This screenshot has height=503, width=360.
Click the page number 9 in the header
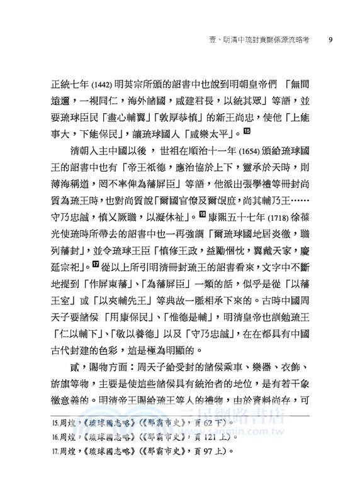point(331,43)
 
